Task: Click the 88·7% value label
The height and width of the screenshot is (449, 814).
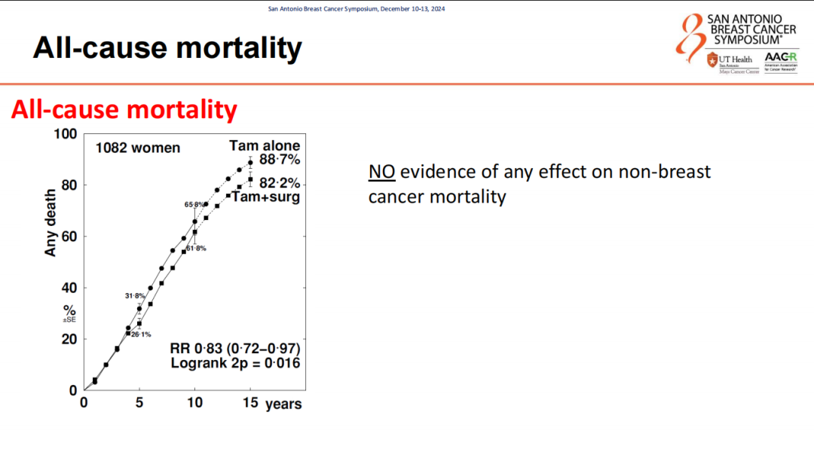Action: point(280,160)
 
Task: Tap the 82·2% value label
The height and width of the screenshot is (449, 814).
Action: point(280,183)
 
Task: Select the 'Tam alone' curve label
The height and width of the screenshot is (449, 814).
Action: point(265,145)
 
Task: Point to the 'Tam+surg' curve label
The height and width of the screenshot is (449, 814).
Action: point(265,197)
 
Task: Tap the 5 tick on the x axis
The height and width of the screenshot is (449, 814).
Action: point(139,403)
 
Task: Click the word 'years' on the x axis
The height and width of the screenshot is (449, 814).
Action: point(283,405)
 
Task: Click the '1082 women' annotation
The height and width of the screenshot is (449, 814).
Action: point(138,148)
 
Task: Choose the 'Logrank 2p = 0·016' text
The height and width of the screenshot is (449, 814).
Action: point(236,364)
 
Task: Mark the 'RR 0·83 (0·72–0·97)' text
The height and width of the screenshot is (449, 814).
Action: point(236,349)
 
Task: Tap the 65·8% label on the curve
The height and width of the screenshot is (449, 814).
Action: point(193,204)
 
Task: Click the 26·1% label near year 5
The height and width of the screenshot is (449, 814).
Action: point(141,334)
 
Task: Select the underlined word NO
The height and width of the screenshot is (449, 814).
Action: point(382,172)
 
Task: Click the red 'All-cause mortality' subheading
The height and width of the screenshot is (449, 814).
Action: point(124,110)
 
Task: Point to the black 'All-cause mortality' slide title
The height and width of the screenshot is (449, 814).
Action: point(167,48)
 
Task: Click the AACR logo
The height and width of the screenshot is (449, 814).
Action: point(780,61)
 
